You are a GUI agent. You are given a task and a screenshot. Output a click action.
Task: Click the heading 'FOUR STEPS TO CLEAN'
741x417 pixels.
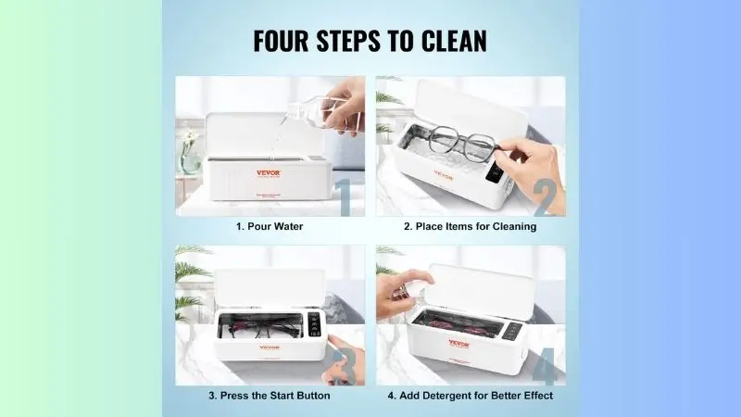(x=370, y=42)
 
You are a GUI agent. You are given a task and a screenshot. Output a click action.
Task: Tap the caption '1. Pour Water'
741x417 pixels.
(x=270, y=226)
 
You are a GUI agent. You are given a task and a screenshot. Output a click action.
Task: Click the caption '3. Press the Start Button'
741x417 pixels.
(x=269, y=396)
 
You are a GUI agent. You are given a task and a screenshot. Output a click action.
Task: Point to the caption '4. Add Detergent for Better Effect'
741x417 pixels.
(x=470, y=396)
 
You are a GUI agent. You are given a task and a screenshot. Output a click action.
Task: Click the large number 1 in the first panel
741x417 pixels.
(x=342, y=196)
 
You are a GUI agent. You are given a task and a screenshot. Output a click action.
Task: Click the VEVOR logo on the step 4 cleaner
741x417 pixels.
(x=458, y=343)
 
